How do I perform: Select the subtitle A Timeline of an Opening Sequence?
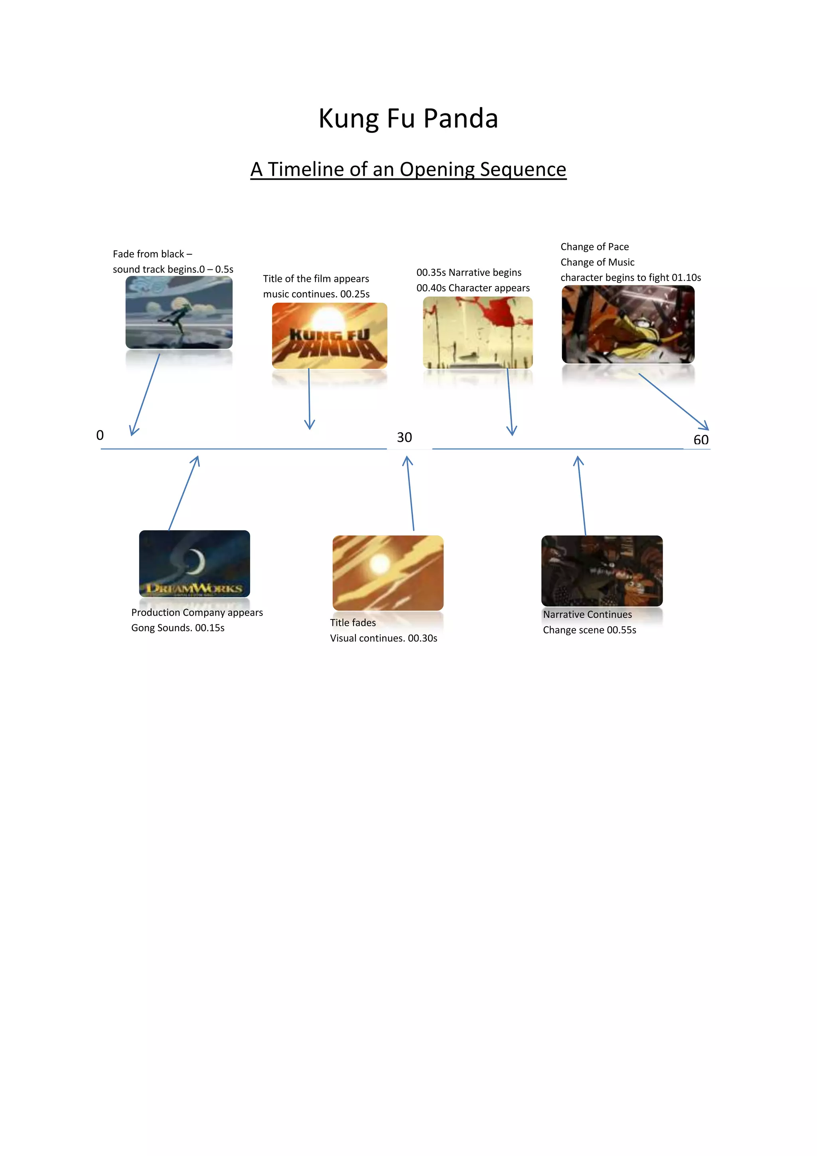[x=408, y=169]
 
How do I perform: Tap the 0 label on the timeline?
[x=100, y=435]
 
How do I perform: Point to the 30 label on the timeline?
[x=405, y=437]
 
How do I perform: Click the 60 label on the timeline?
[x=701, y=439]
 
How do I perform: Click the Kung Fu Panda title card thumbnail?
[x=330, y=335]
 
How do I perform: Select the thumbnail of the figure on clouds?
[x=179, y=312]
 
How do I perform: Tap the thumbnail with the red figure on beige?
[x=478, y=332]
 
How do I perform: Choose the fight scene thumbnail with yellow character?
[x=628, y=324]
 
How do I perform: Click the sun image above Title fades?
[x=388, y=572]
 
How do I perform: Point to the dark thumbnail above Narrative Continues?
[x=602, y=570]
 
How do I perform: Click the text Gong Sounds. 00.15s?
[x=178, y=628]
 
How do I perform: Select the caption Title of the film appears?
[x=316, y=279]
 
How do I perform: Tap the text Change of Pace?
[x=595, y=247]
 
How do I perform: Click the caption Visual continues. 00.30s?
[x=383, y=638]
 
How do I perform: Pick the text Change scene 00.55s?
[x=589, y=630]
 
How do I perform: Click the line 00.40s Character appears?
[x=473, y=288]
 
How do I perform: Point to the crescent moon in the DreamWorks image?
[x=196, y=561]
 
